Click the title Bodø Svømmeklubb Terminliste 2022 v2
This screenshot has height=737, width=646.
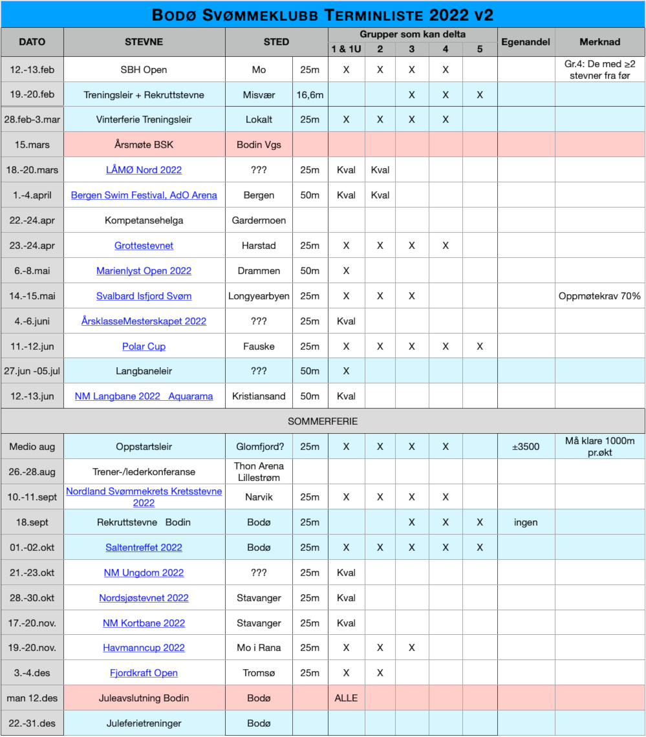point(323,14)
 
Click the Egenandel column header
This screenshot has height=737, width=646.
point(526,42)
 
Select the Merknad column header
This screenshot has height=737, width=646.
point(599,42)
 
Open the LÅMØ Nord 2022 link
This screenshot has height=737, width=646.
point(144,170)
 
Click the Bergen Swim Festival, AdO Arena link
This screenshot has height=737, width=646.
point(144,195)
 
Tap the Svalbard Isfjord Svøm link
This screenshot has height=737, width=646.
point(144,296)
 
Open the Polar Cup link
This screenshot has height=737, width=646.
point(144,347)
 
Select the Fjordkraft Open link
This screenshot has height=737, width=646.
point(144,673)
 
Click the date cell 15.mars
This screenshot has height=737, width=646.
point(32,145)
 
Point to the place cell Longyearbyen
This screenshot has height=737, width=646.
point(259,296)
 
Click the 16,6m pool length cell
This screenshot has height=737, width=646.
point(310,95)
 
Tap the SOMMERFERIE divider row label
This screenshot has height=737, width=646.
point(323,422)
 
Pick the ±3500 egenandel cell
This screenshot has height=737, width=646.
point(526,447)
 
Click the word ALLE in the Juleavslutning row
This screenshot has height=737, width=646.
point(346,698)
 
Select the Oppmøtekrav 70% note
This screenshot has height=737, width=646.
point(599,296)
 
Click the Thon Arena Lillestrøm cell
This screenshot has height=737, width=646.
point(259,472)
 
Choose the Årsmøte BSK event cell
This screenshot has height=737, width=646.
point(144,145)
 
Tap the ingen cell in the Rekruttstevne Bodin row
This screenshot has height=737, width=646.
point(526,522)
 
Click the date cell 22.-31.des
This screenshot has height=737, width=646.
point(32,723)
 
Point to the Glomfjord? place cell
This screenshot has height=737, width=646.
point(259,447)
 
